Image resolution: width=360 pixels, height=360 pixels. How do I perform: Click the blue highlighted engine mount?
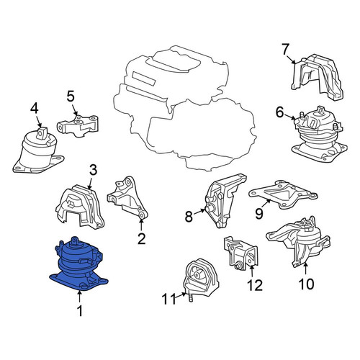point(78,264)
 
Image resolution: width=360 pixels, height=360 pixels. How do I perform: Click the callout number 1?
point(80,311)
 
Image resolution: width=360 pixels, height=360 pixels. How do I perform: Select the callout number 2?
point(141,238)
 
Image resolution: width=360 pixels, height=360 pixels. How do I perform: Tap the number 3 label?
point(93,170)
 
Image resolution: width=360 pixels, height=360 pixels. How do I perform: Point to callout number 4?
point(34,109)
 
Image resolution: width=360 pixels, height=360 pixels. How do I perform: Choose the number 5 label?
point(71,96)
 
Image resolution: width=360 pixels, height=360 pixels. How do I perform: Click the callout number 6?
point(279,112)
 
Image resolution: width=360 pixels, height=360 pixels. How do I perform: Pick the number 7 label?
point(285,50)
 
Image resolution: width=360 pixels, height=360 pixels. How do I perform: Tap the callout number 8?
point(189,217)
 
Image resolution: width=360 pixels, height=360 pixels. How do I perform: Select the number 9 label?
point(259,213)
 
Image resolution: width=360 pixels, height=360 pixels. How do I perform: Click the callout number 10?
point(307,284)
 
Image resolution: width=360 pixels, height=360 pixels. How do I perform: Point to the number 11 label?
point(169,299)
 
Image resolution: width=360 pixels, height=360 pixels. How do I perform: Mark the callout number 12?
point(255,285)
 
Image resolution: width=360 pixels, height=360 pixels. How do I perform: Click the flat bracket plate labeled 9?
point(283,194)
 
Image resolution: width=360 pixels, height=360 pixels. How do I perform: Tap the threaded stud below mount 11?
point(191,298)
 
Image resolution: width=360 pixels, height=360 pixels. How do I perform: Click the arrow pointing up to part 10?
point(305,269)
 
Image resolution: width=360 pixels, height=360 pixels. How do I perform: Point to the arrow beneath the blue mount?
point(79,296)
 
